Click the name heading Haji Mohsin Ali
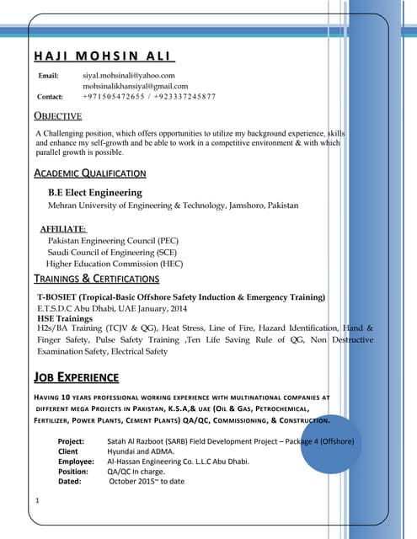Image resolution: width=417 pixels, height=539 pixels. tap(104, 56)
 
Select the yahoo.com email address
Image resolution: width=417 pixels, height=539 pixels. tap(128, 76)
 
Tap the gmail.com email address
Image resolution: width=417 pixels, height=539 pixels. tap(135, 86)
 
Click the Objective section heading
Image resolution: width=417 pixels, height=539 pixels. tap(57, 116)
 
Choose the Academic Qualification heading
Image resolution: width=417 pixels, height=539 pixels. tap(89, 173)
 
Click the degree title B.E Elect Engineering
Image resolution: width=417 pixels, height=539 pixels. tap(95, 193)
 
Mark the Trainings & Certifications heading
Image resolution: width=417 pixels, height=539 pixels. tap(96, 279)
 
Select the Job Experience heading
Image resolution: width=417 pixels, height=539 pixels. tap(76, 376)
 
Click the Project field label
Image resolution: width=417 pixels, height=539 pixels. tap(71, 441)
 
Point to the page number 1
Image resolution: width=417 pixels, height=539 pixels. tap(39, 502)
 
